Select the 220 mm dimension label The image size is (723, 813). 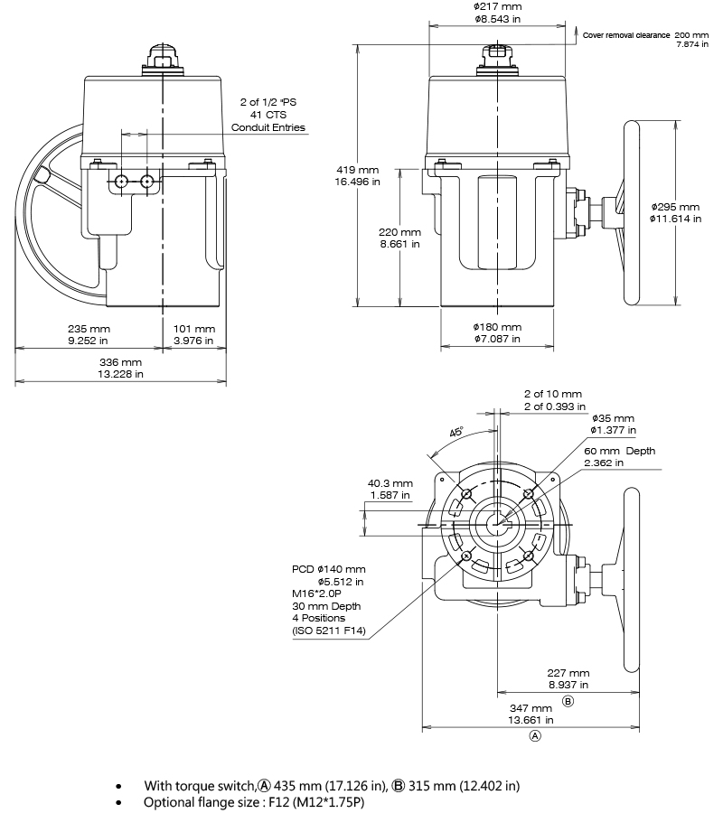pos(399,232)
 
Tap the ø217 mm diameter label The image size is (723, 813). pos(497,6)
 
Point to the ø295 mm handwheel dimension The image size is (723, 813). pos(674,207)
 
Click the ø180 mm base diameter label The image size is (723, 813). pos(497,327)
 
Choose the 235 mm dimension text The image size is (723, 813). pos(89,329)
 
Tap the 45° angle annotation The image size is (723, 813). pos(456,432)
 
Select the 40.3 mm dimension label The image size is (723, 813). pos(390,483)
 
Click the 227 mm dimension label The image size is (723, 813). pos(568,673)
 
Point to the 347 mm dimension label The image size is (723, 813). pos(530,708)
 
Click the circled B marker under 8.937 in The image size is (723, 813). pos(568,701)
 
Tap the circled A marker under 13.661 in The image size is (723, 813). pos(534,736)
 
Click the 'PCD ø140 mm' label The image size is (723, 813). pos(328,569)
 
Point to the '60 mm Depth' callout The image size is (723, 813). pos(619,451)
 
